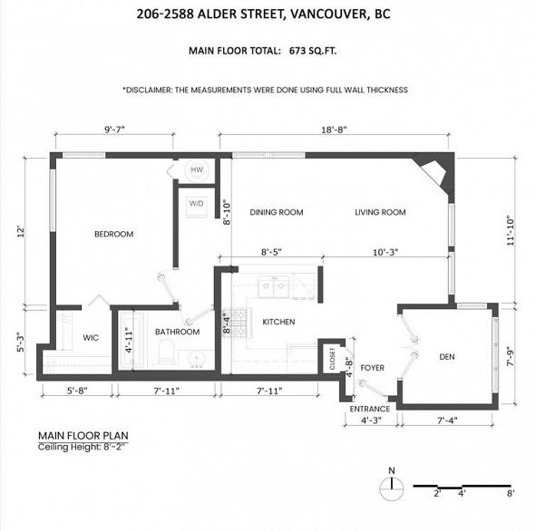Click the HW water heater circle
click(197, 169)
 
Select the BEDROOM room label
click(114, 234)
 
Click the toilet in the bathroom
click(167, 351)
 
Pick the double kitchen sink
click(274, 285)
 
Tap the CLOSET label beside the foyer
click(332, 359)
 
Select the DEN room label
click(447, 357)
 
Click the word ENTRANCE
click(369, 409)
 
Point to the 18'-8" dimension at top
click(334, 130)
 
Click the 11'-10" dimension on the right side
click(511, 230)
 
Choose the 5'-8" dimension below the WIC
click(77, 391)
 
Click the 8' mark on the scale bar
click(511, 494)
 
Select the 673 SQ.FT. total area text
click(313, 51)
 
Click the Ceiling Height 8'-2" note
click(83, 447)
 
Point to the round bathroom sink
click(196, 359)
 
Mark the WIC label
click(91, 338)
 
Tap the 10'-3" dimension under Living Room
click(385, 252)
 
